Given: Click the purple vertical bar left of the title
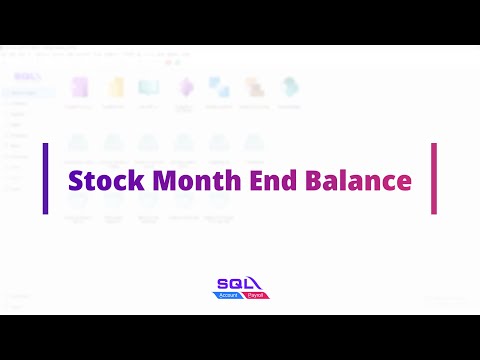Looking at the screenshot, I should coord(46,178).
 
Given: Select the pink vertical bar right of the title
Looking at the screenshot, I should coord(434,178).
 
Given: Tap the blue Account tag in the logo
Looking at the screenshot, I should coord(230,297).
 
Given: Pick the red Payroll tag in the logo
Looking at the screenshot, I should coord(255,297).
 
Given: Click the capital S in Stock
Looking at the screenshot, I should coord(74,181).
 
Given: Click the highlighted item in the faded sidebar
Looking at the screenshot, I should coord(25,93).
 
